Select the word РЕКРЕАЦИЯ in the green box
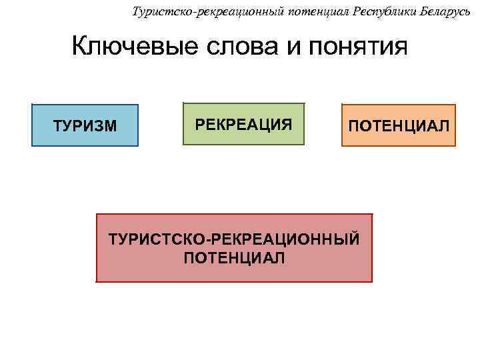click(243, 124)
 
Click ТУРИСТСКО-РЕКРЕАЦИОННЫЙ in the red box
click(234, 239)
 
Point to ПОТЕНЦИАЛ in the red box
click(234, 257)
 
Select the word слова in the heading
click(225, 47)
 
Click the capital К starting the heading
click(79, 47)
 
